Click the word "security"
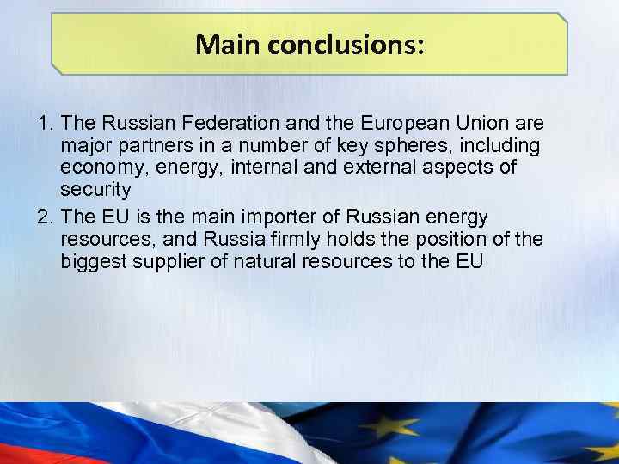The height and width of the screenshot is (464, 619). point(95,190)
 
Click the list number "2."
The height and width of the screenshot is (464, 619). point(46,216)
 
